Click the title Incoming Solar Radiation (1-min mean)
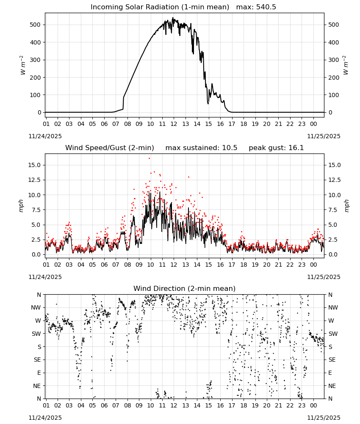pos(160,7)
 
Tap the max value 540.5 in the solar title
pos(266,7)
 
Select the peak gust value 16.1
pos(296,148)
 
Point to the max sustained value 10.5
pos(230,148)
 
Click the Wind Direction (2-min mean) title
pos(185,288)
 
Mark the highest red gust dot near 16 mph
pos(149,159)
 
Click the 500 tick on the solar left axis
pos(35,25)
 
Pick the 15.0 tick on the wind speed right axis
pos(334,165)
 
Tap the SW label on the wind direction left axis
pos(36,334)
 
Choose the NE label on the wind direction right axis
pos(332,386)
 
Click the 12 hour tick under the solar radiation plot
pos(174,124)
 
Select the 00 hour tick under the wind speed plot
pos(313,265)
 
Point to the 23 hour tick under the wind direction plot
pos(302,405)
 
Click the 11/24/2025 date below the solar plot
pos(45,136)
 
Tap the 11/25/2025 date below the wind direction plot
pos(324,418)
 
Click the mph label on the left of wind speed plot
pos(21,206)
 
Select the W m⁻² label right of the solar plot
pos(346,65)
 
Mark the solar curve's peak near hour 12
pos(173,18)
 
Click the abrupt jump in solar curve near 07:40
pos(123,103)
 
